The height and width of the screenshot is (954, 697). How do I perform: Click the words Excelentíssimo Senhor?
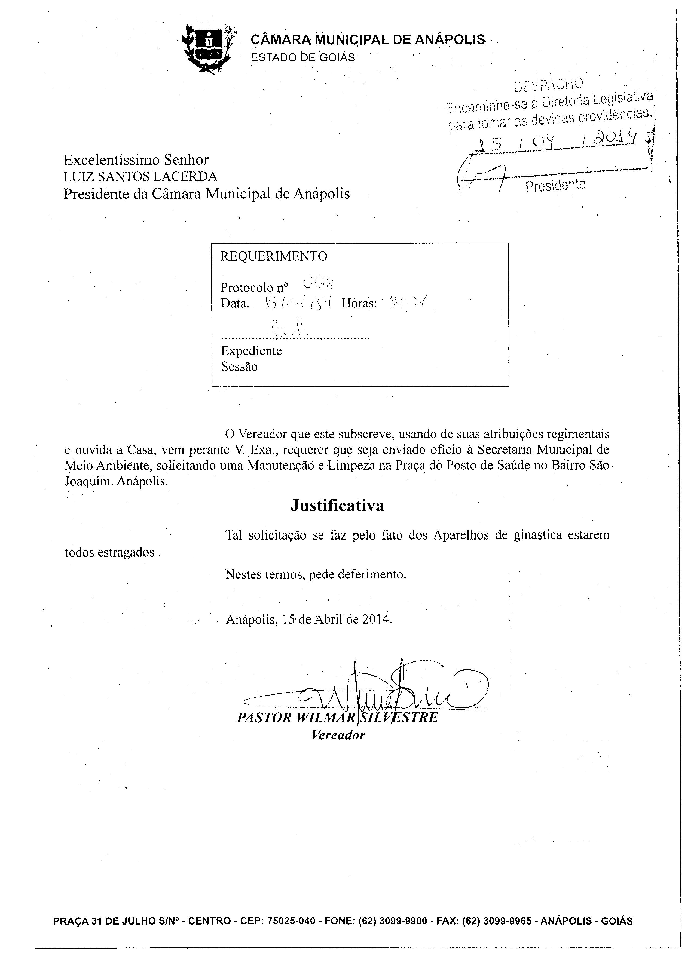pyautogui.click(x=136, y=160)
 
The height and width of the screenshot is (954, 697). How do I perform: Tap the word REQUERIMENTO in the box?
pyautogui.click(x=274, y=256)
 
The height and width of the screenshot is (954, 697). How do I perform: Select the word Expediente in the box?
pyautogui.click(x=252, y=351)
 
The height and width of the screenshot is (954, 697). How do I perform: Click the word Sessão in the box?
pyautogui.click(x=239, y=366)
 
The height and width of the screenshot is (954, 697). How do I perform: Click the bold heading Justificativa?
pyautogui.click(x=337, y=506)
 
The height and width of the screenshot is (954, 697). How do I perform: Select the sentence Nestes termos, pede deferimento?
pyautogui.click(x=316, y=574)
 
